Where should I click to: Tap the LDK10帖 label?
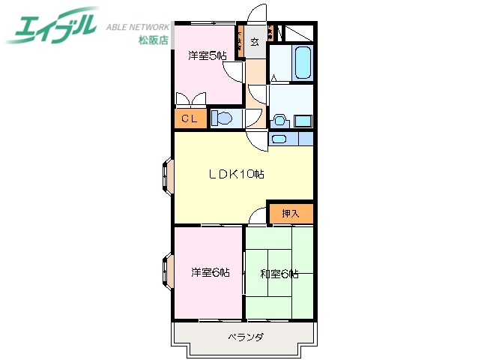coord(235,175)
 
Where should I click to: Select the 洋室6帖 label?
coord(209,272)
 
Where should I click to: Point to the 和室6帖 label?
coord(279,273)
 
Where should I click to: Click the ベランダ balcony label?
coord(245,337)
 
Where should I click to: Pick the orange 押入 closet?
coord(291,214)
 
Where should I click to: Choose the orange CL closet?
coord(190,118)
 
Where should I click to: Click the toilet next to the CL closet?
coord(222,118)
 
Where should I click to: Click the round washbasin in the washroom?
coord(280,119)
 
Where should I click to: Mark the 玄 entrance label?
coord(255,42)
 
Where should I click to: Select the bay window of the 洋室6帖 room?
coord(166,273)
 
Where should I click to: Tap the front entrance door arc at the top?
coord(257,15)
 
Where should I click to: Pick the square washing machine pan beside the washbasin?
coord(303,120)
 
